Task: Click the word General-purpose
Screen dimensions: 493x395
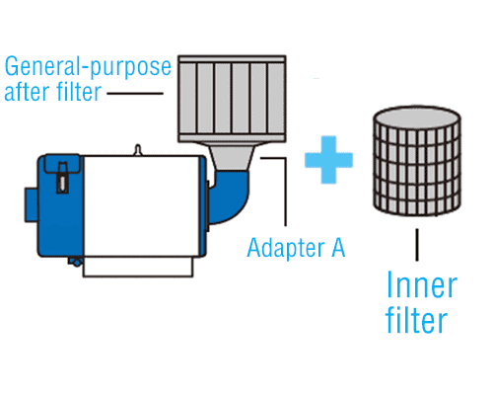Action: pos(88,67)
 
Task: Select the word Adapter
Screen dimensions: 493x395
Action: pos(286,248)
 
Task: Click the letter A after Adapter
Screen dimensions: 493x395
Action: pos(338,247)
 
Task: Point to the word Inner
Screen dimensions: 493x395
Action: pos(422,285)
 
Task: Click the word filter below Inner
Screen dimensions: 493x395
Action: pos(416,320)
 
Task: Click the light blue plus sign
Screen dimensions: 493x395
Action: pos(328,160)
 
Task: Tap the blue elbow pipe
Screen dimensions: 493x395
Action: pos(229,197)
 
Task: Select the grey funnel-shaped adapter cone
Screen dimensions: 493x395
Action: pos(232,157)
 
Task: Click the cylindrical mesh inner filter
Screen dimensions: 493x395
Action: pos(417,161)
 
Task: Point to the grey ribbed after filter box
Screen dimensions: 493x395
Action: pos(232,99)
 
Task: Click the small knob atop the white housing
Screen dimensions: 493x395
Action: pos(138,149)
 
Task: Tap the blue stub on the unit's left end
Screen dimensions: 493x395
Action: pos(32,204)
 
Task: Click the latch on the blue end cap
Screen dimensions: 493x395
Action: pos(62,178)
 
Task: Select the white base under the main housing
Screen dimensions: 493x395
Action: pos(138,267)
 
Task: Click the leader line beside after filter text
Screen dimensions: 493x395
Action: pos(135,94)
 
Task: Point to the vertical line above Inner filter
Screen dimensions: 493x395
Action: pos(417,245)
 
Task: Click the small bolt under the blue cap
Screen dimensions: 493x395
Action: pos(76,262)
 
